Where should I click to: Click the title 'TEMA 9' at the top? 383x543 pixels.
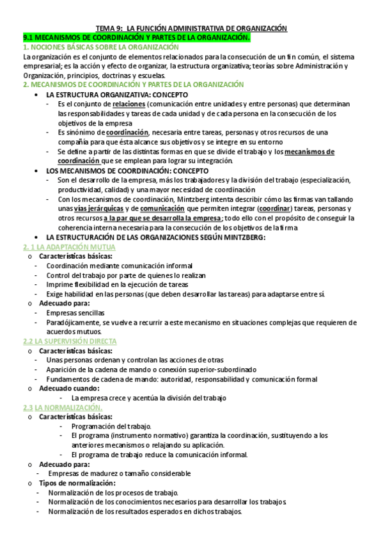click(x=110, y=28)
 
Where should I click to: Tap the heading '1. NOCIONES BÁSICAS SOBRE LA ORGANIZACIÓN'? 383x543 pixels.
click(x=100, y=47)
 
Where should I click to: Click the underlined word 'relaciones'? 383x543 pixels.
click(x=129, y=103)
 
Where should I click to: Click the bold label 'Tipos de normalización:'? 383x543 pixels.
click(x=78, y=483)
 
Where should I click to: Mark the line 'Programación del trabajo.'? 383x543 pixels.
click(x=111, y=426)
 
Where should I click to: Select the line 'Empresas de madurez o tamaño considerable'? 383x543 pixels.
click(x=120, y=473)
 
